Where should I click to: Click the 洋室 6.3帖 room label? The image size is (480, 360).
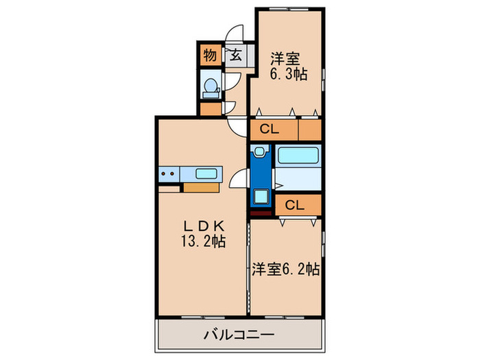click(x=287, y=67)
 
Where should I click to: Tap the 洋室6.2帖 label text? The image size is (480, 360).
click(x=284, y=269)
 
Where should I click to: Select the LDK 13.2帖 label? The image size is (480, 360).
click(x=202, y=233)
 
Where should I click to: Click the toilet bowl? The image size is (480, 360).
click(x=211, y=86)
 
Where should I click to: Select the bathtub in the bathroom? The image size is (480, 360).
click(x=298, y=156)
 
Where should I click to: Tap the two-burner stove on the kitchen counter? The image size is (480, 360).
click(x=168, y=174)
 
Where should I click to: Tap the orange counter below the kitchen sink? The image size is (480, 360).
click(x=200, y=186)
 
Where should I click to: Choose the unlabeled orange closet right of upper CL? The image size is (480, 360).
click(x=310, y=128)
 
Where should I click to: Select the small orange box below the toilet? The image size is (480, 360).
click(x=211, y=108)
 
